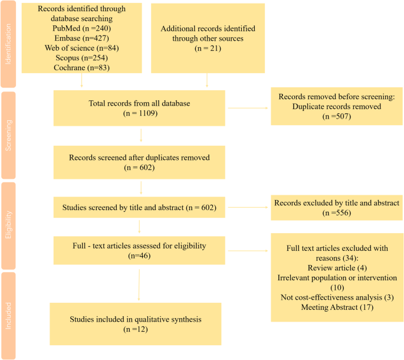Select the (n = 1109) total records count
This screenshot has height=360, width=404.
pyautogui.click(x=140, y=113)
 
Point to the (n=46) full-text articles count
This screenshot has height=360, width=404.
pyautogui.click(x=140, y=257)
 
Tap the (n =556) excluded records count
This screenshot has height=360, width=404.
pyautogui.click(x=336, y=213)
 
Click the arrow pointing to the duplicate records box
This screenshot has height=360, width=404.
pyautogui.click(x=248, y=108)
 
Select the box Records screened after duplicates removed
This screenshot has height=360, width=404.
pyautogui.click(x=139, y=162)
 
